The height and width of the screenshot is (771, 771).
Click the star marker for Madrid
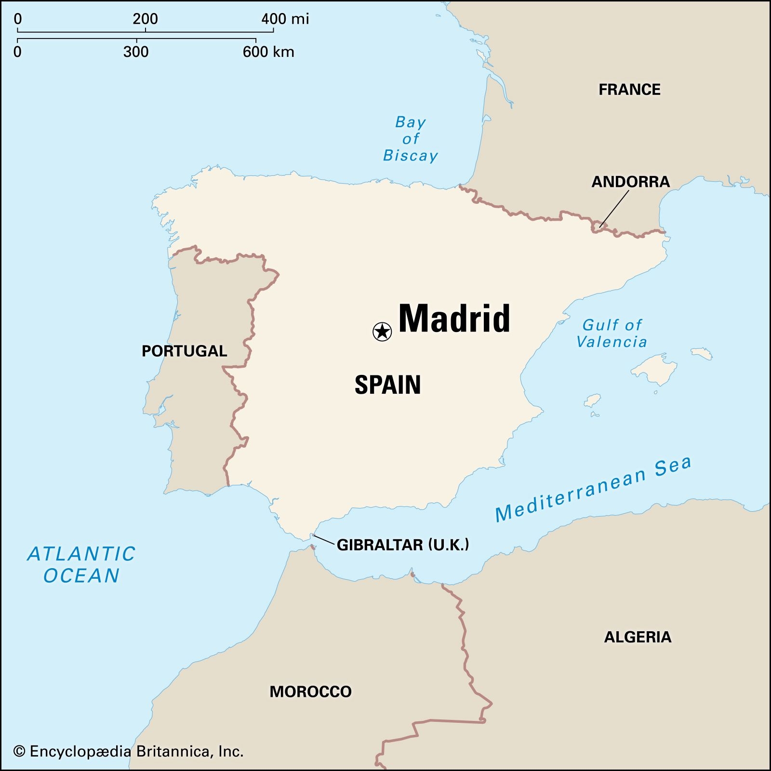[x=382, y=332]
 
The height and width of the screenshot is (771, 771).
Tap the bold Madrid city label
[x=454, y=319]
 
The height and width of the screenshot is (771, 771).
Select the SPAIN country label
[x=387, y=385]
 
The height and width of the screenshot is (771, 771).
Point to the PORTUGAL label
[x=184, y=351]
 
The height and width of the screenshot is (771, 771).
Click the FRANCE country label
[x=629, y=90]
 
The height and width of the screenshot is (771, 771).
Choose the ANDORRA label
[x=630, y=182]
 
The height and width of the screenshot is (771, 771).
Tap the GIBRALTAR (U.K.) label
[x=402, y=545]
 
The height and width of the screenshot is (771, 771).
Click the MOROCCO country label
[x=310, y=691]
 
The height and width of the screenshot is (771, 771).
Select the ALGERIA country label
[x=638, y=637]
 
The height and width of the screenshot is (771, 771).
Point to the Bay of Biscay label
[x=410, y=139]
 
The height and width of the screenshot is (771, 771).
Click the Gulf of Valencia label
[x=611, y=333]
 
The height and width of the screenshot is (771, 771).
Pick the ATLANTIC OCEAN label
[x=81, y=565]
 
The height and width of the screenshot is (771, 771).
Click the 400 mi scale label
[x=285, y=19]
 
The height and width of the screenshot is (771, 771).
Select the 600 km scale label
[x=268, y=52]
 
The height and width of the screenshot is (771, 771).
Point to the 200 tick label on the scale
[x=145, y=19]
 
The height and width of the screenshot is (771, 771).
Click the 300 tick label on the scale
[x=136, y=52]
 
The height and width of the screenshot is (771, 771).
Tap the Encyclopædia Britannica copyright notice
[x=128, y=751]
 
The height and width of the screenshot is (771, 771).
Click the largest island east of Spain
[x=655, y=369]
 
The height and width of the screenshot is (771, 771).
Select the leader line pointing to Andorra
[x=614, y=208]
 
